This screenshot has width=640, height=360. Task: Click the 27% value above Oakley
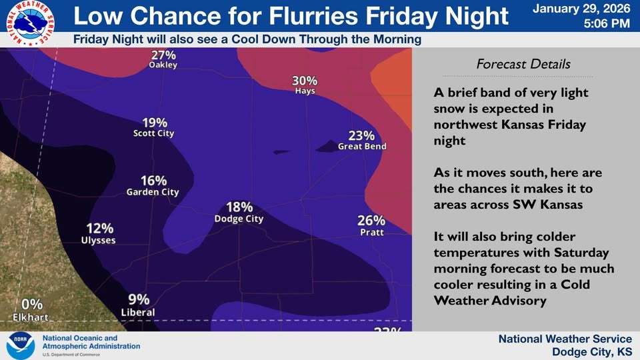pyautogui.click(x=163, y=54)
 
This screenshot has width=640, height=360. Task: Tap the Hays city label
pyautogui.click(x=305, y=91)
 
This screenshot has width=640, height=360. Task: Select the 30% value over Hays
pyautogui.click(x=305, y=81)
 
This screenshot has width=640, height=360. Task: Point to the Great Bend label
pyautogui.click(x=362, y=146)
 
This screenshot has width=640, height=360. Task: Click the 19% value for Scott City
pyautogui.click(x=154, y=123)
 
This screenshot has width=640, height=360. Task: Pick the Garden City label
pyautogui.click(x=153, y=192)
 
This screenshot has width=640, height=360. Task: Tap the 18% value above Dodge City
pyautogui.click(x=239, y=207)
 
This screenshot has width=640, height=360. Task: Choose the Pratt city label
pyautogui.click(x=371, y=231)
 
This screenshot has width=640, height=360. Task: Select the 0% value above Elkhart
pyautogui.click(x=32, y=305)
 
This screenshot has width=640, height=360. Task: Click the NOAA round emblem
pyautogui.click(x=21, y=346)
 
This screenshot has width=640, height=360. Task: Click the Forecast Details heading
pyautogui.click(x=523, y=65)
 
